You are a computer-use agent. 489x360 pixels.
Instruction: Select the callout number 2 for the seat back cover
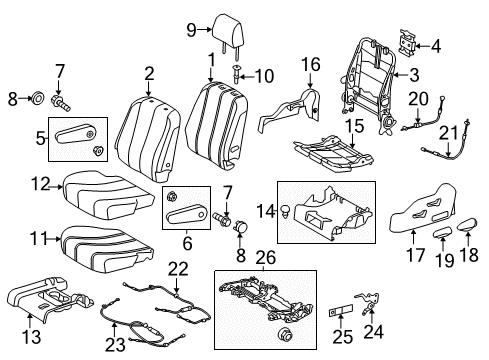[x=149, y=72]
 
